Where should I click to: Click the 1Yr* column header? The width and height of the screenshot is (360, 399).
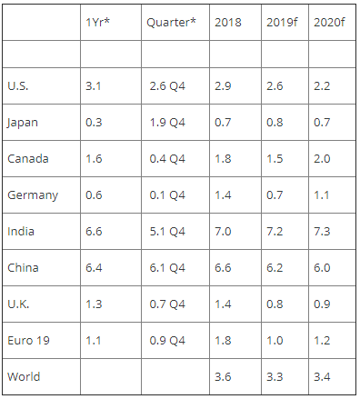pyautogui.click(x=97, y=22)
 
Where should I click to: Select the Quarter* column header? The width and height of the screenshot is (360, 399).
pyautogui.click(x=171, y=22)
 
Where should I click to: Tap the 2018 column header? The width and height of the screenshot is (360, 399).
pyautogui.click(x=228, y=22)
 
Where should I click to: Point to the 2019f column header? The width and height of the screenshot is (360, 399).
pyautogui.click(x=282, y=22)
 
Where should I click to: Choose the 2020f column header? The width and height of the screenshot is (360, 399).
pyautogui.click(x=329, y=22)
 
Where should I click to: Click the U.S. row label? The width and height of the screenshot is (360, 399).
pyautogui.click(x=18, y=86)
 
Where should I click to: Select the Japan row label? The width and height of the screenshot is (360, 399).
pyautogui.click(x=23, y=123)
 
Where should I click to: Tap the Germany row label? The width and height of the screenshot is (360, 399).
pyautogui.click(x=33, y=195)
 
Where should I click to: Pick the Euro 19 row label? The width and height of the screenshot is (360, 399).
pyautogui.click(x=28, y=341)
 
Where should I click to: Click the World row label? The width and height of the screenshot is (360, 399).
pyautogui.click(x=24, y=377)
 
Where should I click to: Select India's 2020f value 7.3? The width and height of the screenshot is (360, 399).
pyautogui.click(x=322, y=232)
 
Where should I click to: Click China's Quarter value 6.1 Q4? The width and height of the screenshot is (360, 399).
pyautogui.click(x=167, y=268)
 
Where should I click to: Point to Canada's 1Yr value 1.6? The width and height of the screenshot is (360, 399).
pyautogui.click(x=94, y=159)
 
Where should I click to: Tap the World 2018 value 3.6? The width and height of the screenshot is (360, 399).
pyautogui.click(x=223, y=377)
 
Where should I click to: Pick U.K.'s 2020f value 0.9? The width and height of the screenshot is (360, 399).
pyautogui.click(x=322, y=304)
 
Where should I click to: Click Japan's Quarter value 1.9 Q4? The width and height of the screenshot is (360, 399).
pyautogui.click(x=167, y=123)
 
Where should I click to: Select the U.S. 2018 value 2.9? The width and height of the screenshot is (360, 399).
pyautogui.click(x=223, y=86)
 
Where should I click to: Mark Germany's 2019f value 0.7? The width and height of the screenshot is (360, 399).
pyautogui.click(x=275, y=195)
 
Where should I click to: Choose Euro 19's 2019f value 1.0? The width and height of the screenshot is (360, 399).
pyautogui.click(x=275, y=341)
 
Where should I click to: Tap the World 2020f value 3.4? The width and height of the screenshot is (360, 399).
pyautogui.click(x=322, y=377)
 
